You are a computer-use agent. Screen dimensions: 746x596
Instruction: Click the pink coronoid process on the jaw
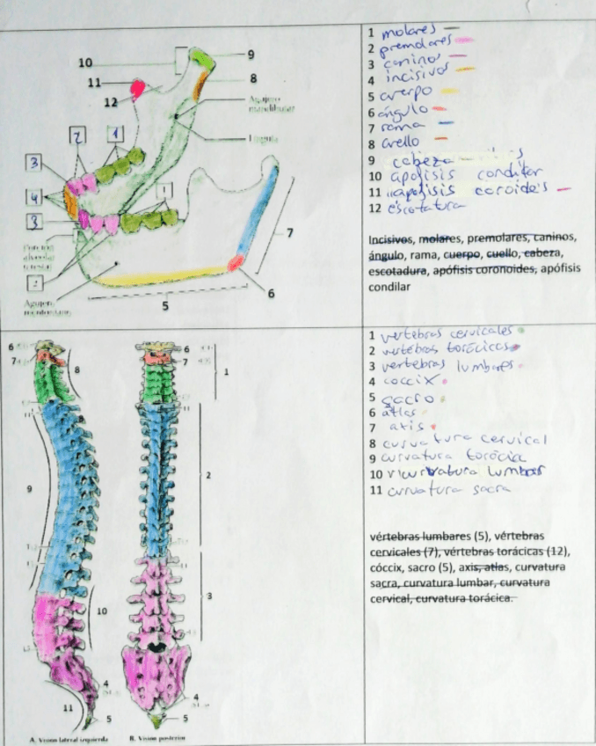[x=138, y=88]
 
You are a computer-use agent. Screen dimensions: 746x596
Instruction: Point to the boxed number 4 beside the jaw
[x=33, y=194]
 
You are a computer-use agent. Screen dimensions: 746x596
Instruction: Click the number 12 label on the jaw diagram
[x=111, y=102]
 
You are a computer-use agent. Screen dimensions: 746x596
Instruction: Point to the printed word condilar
[x=388, y=287]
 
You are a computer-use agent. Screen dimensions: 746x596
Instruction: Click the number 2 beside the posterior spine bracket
[x=208, y=476]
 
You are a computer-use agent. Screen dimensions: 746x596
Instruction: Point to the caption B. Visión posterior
[x=160, y=737]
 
